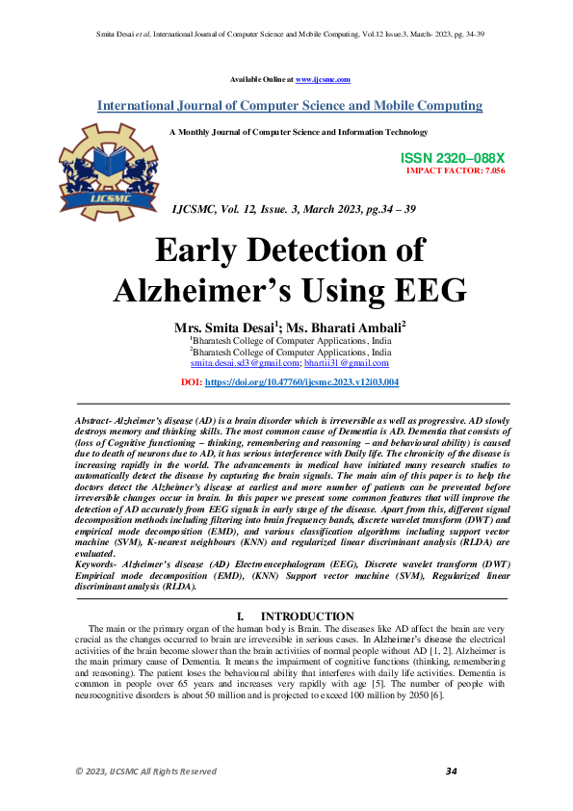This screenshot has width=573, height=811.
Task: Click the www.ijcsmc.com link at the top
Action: coord(323,79)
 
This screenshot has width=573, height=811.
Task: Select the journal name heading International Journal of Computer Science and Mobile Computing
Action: coord(290,106)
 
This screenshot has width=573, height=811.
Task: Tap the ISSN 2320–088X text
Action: coord(452,157)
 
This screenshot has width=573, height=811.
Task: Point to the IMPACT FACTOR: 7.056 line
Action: coord(456,170)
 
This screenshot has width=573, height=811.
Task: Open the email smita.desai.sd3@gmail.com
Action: coord(245,363)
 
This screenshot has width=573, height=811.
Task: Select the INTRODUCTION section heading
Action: coord(307,616)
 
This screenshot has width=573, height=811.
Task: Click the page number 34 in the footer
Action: coord(451,772)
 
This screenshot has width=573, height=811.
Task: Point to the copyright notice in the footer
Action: coord(146,772)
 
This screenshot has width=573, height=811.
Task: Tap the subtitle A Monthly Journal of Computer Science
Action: coord(298,132)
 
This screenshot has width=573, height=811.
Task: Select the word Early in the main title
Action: coord(204,249)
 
